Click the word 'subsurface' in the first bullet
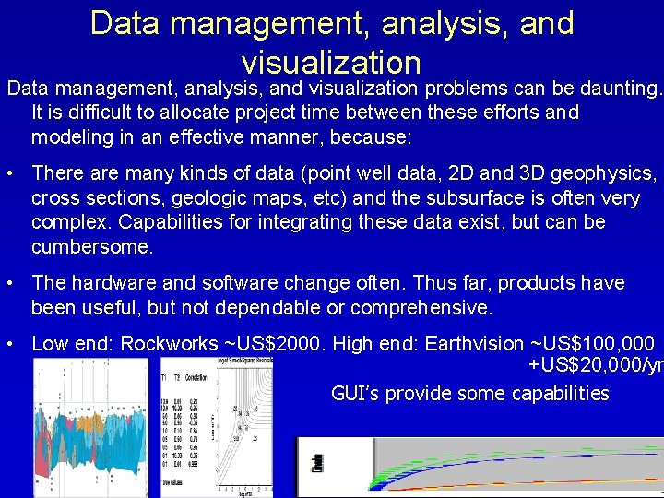(507, 198)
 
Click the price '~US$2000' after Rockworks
(274, 344)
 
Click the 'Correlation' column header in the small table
(196, 378)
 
